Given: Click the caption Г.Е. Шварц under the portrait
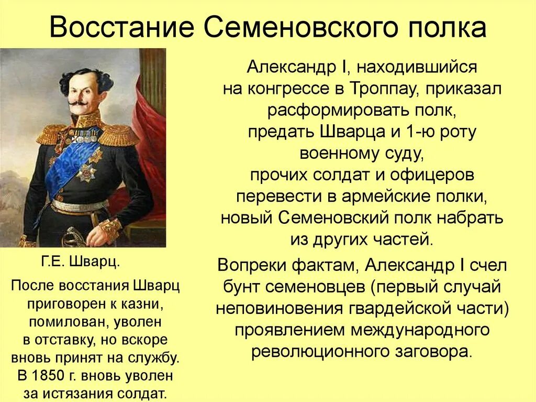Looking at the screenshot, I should click(80, 262).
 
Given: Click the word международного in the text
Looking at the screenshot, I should click(403, 330).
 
